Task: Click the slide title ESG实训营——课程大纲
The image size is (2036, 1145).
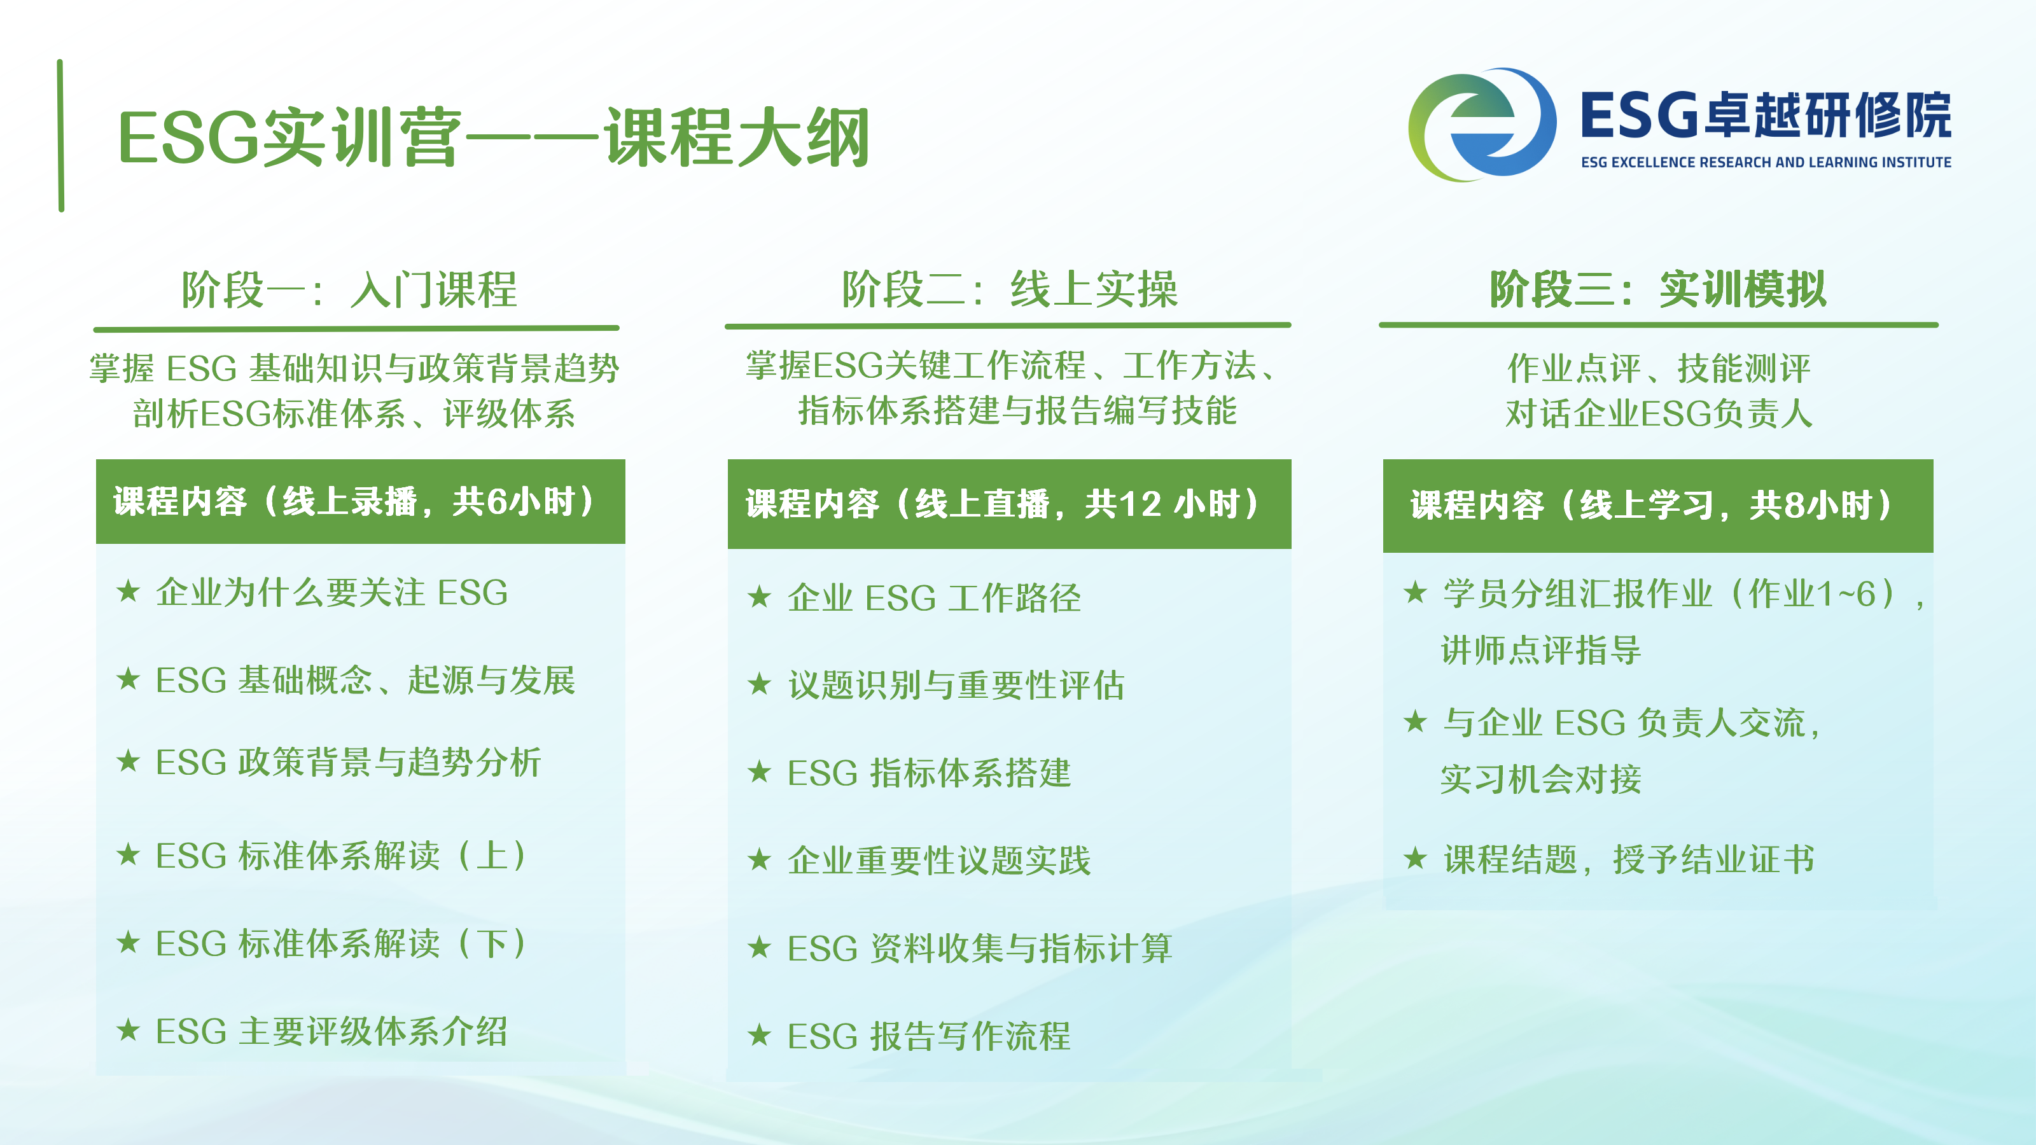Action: pyautogui.click(x=494, y=137)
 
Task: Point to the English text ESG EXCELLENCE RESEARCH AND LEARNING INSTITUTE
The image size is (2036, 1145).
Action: pyautogui.click(x=1766, y=162)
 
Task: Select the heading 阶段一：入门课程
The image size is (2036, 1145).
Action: pyautogui.click(x=349, y=289)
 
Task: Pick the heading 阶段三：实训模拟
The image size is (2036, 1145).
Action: pyautogui.click(x=1658, y=289)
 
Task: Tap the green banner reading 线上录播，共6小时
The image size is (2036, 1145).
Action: pyautogui.click(x=360, y=502)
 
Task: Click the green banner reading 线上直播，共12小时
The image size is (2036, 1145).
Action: pyautogui.click(x=1009, y=504)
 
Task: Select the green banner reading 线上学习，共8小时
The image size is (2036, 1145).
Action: pyautogui.click(x=1657, y=506)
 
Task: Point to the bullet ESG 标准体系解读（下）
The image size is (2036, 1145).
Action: pyautogui.click(x=323, y=943)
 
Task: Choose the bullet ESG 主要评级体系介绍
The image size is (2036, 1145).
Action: pyautogui.click(x=312, y=1031)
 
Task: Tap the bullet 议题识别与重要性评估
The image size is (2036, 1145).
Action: pyautogui.click(x=936, y=685)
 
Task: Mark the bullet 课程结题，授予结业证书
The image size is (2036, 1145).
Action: pyautogui.click(x=1609, y=859)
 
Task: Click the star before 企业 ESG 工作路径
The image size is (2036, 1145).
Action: pyautogui.click(x=760, y=597)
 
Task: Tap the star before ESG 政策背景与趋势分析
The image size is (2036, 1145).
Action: pyautogui.click(x=128, y=761)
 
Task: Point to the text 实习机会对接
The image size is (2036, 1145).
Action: pyautogui.click(x=1540, y=779)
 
